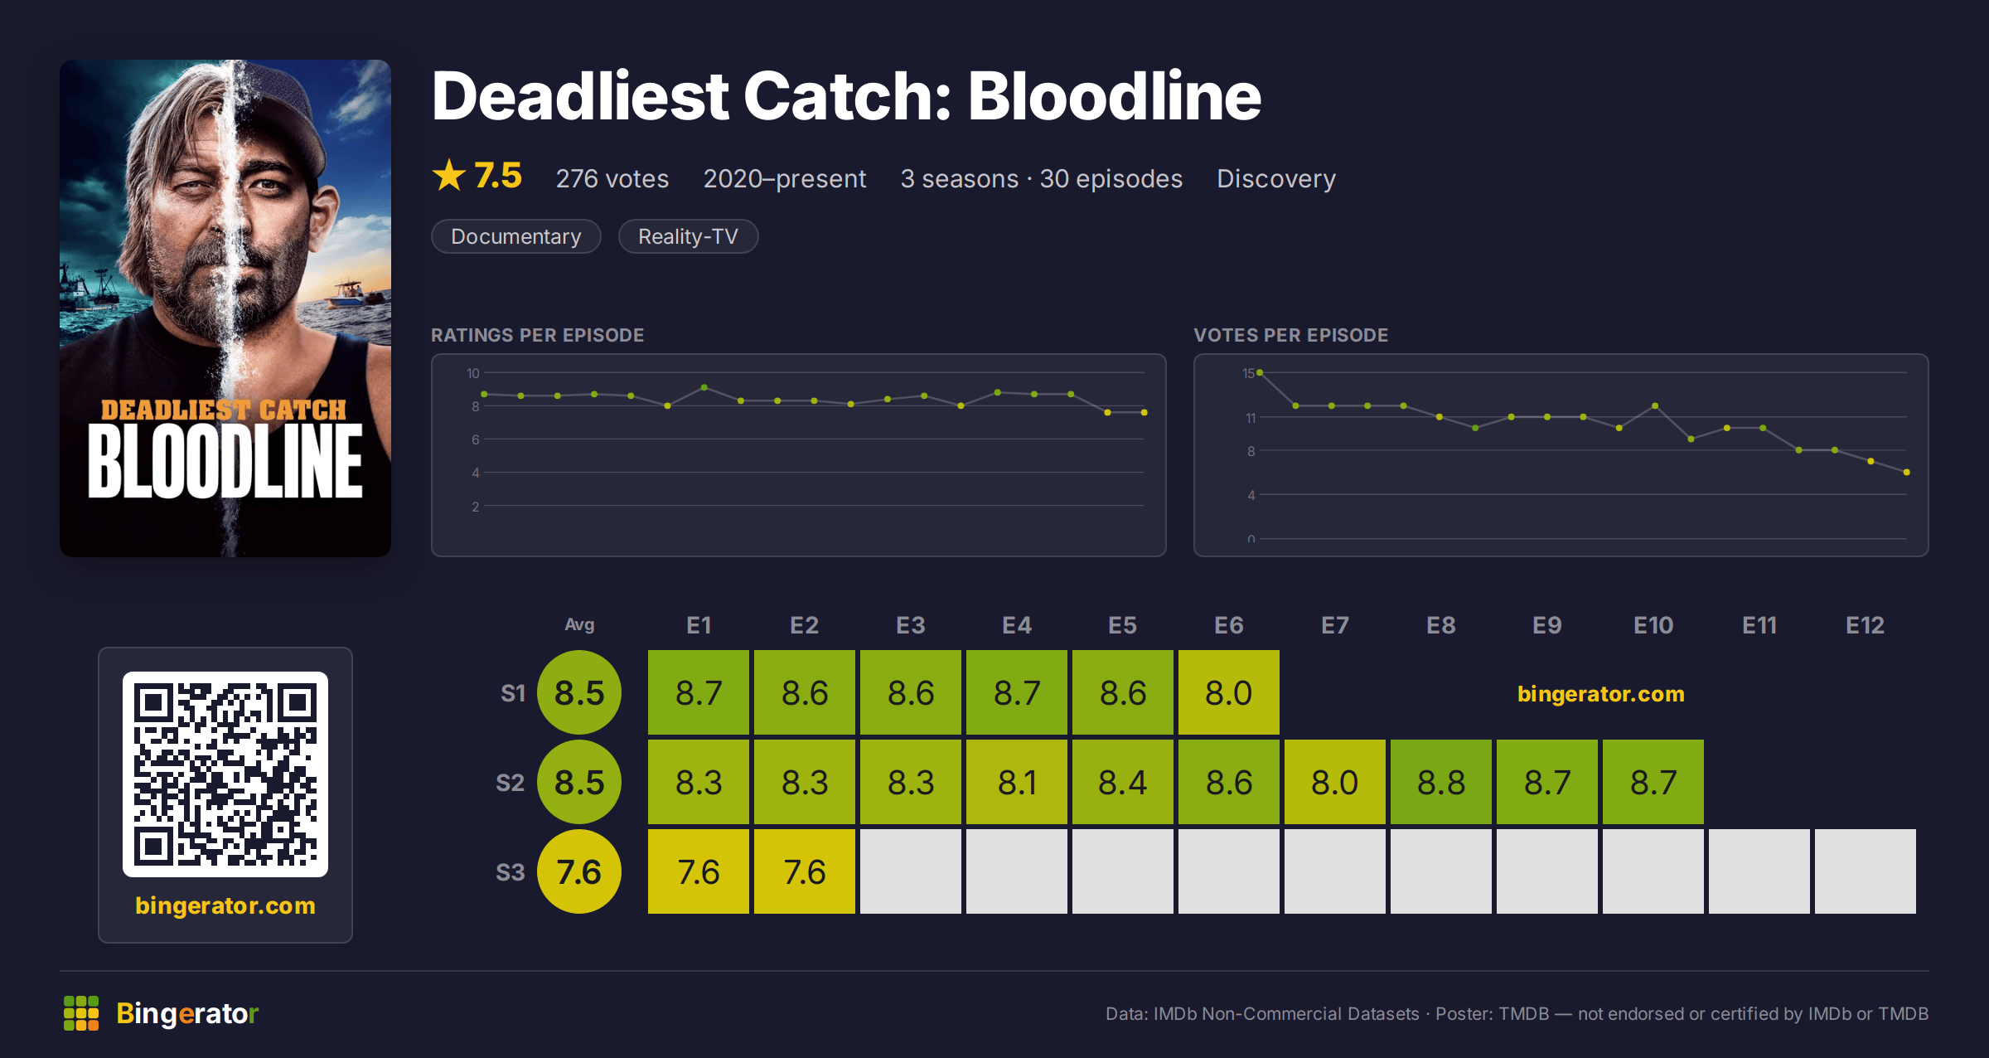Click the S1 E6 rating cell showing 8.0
1229,692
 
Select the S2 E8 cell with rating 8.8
1441,782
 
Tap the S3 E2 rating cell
805,871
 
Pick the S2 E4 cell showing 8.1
1017,782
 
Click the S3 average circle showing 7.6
579,871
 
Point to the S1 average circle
579,692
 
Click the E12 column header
1865,625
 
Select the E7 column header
1334,625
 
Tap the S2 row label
510,783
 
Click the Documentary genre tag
516,236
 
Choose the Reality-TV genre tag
688,236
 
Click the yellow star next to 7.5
449,175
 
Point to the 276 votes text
612,179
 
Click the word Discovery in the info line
1276,179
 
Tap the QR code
225,774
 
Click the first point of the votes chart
1260,373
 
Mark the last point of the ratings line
1145,412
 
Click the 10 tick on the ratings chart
473,373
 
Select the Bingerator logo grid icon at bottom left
81,1013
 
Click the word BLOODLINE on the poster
225,462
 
